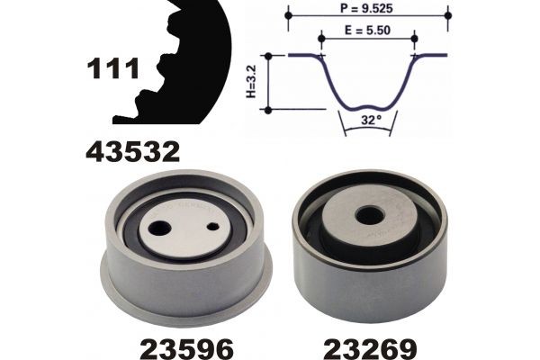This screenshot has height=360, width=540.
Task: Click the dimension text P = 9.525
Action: tap(368, 7)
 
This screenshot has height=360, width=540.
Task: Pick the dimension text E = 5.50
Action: tap(368, 30)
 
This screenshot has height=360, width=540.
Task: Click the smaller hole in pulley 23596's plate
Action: tap(212, 229)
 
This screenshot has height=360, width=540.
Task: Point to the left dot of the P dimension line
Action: tap(288, 15)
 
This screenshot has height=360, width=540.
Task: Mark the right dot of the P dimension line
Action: tap(448, 15)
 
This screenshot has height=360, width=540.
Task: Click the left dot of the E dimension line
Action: tap(321, 37)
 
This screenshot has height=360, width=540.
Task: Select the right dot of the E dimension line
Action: tap(414, 37)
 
